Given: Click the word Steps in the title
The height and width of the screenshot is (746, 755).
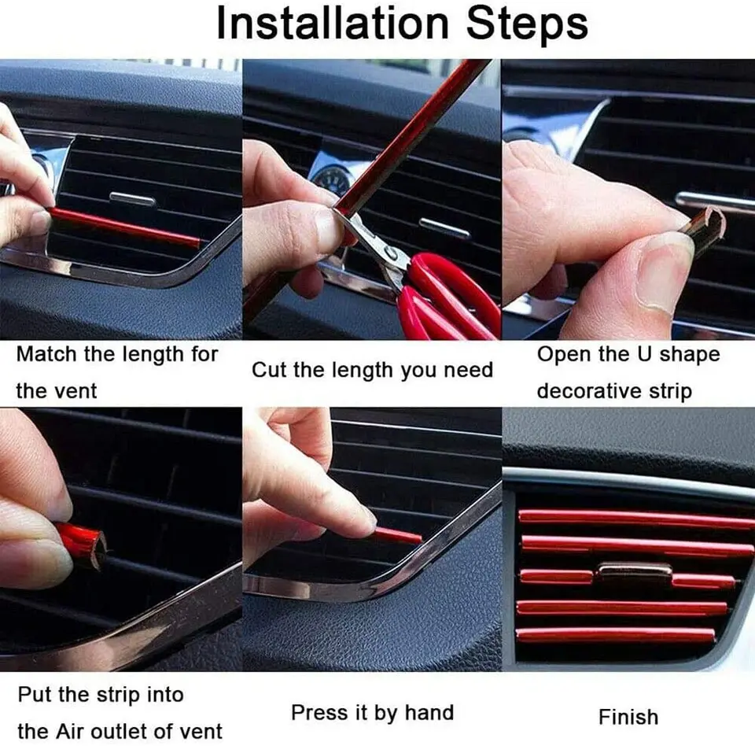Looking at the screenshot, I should coord(526,24).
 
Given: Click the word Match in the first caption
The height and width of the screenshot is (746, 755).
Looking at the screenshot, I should coord(46,354).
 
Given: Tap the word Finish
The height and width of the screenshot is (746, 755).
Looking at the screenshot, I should coord(628,717).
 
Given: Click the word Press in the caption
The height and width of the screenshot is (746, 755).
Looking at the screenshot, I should coord(319,713).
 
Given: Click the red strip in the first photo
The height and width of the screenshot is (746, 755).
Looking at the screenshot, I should coord(126,227).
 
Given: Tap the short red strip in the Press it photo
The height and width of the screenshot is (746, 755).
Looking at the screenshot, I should coord(397,536).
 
